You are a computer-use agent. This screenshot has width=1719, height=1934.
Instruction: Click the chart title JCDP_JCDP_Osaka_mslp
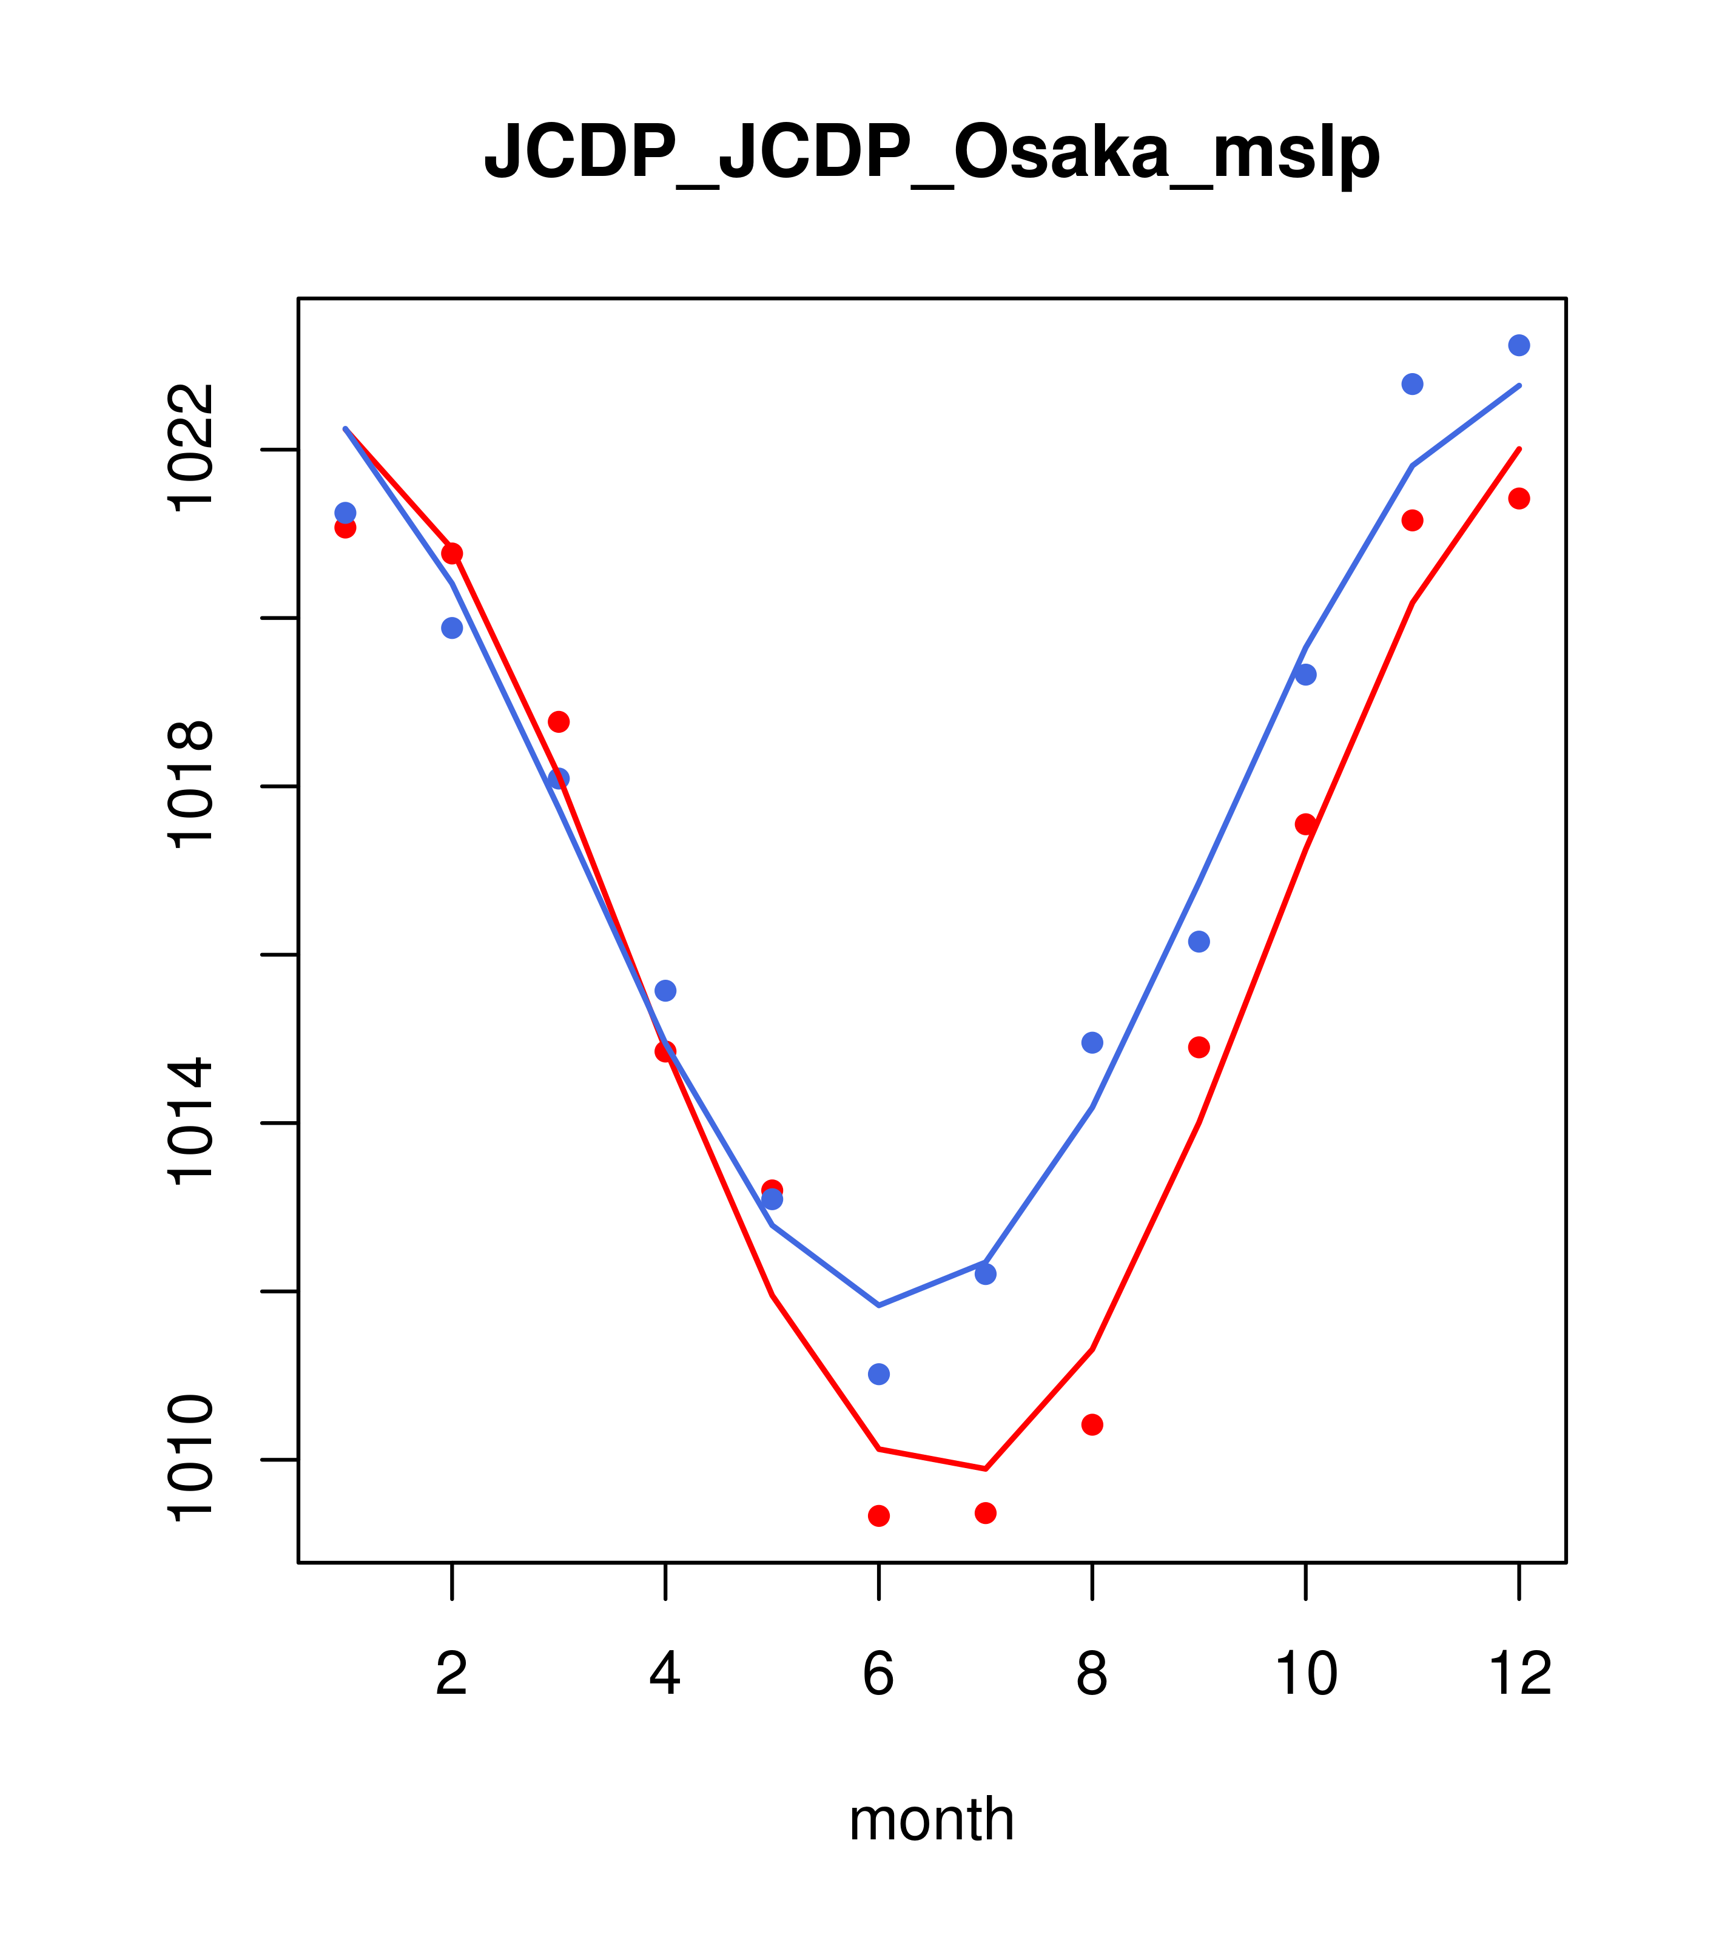(932, 153)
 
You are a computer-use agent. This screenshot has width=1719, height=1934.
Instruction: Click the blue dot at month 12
(1519, 345)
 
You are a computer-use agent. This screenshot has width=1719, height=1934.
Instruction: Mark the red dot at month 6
(879, 1516)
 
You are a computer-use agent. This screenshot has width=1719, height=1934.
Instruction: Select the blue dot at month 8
(1092, 1043)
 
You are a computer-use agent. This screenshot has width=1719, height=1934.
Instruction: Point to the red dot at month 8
(1092, 1425)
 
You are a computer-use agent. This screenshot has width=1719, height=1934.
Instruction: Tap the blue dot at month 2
(452, 628)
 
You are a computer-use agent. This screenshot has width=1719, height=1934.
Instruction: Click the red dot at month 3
(559, 722)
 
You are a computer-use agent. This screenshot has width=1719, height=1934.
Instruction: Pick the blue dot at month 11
(1413, 384)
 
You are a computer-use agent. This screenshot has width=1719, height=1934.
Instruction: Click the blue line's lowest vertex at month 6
(879, 1306)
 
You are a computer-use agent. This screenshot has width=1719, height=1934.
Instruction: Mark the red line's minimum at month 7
(986, 1469)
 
